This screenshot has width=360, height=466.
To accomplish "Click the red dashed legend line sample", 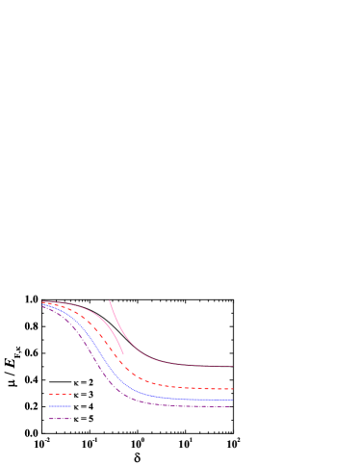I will (x=61, y=393).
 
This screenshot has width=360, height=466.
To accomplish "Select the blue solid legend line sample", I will (x=61, y=406).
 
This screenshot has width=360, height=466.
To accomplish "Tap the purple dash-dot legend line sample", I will (x=61, y=418).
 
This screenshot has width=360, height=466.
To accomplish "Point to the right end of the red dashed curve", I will (x=233, y=389).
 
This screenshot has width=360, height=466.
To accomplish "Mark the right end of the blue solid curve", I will (x=233, y=399).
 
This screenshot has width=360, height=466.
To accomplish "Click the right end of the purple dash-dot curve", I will (x=231, y=406).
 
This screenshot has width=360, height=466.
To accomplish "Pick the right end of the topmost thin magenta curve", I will (x=233, y=366).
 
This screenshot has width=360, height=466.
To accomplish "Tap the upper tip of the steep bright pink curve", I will (x=110, y=300).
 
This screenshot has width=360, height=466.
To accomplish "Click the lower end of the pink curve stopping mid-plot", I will (x=124, y=355).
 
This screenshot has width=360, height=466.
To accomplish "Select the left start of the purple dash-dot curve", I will (x=42, y=307).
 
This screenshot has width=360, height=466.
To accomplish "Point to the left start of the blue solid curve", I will (x=42, y=306).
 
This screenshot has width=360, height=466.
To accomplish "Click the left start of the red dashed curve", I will (x=42, y=303).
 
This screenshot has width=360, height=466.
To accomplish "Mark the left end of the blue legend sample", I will (x=50, y=406).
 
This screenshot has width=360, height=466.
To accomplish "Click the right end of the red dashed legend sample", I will (x=72, y=393).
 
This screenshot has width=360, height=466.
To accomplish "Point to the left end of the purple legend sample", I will (x=50, y=418).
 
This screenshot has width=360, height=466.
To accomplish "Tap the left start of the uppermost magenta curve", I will (x=42, y=301).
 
